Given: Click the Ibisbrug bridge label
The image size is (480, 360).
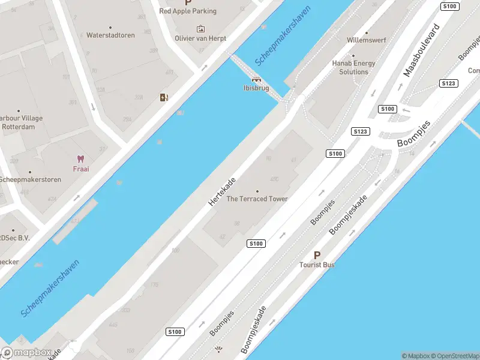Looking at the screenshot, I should [256, 88].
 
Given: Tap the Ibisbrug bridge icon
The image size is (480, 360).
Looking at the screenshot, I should [256, 79].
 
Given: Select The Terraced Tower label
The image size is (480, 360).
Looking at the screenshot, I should [257, 199].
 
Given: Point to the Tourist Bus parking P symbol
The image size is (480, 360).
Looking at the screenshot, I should [317, 255].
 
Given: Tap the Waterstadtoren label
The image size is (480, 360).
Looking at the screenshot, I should [110, 35].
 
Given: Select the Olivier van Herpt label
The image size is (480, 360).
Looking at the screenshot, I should [200, 38].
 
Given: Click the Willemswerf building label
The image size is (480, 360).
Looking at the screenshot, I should [366, 40].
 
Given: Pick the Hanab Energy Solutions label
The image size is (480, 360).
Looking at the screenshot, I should [354, 67].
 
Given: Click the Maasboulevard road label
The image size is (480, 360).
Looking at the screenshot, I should [422, 50].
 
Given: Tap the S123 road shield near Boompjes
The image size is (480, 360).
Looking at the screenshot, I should [361, 131].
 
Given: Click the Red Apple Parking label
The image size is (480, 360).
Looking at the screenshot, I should [188, 11].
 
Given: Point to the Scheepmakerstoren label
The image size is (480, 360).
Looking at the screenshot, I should [29, 179].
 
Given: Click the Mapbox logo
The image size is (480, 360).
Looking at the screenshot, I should [26, 353].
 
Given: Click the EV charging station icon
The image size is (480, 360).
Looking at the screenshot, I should [164, 97].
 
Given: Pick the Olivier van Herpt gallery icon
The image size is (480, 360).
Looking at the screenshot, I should [200, 29].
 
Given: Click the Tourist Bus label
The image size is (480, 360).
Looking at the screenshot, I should [317, 265].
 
